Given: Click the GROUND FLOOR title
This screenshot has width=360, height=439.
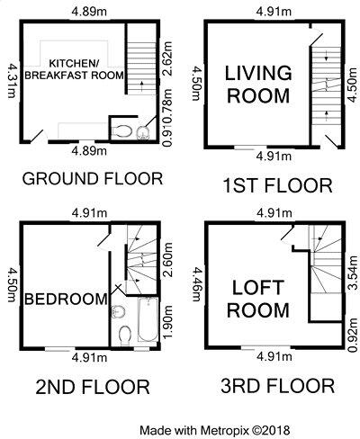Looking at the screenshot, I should click(92, 177).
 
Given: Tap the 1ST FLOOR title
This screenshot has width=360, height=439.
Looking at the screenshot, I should click(276, 186).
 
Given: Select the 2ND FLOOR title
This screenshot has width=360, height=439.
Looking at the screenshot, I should click(92, 388).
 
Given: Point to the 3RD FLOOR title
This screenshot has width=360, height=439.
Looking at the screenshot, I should click(278, 388).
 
